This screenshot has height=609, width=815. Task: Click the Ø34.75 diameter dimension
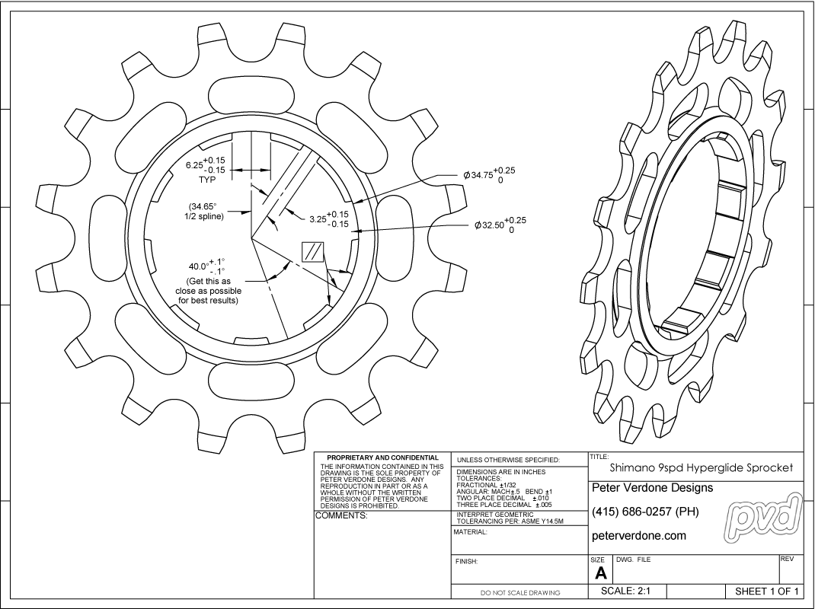[x=488, y=174]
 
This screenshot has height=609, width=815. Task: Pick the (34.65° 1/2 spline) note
[x=202, y=212]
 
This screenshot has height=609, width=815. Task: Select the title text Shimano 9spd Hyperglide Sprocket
[x=702, y=467]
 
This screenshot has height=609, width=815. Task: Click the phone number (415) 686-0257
[x=644, y=511]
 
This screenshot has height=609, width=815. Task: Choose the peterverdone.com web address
[x=638, y=535]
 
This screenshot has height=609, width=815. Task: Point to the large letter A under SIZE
[x=600, y=574]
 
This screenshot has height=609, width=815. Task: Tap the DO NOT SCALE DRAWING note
[x=520, y=592]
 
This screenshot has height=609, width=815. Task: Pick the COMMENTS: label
[x=341, y=516]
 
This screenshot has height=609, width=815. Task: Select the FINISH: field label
[x=466, y=562]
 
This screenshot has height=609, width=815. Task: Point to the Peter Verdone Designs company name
[x=652, y=487]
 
